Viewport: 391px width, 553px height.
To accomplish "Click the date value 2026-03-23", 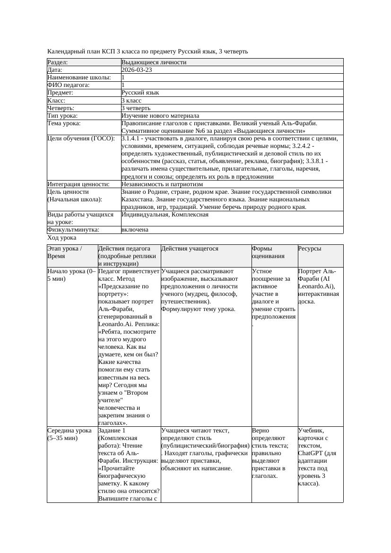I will (137, 70).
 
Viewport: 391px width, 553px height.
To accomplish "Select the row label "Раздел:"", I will (58, 62).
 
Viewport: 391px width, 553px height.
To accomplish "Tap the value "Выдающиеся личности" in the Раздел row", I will (154, 62).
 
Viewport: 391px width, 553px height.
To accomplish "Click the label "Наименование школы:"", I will (79, 78).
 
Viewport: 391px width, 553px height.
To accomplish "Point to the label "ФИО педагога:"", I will (69, 85).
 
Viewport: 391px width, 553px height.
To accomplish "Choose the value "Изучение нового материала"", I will (160, 116).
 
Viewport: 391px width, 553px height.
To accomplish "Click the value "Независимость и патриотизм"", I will (162, 184).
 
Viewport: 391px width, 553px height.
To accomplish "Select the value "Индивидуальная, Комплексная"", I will (165, 215).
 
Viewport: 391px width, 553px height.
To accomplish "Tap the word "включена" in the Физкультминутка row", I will (135, 230).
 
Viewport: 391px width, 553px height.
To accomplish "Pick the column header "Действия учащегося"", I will (190, 249).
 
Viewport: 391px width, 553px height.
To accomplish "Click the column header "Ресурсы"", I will (310, 249).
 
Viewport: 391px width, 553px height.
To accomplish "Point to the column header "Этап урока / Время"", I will (65, 252).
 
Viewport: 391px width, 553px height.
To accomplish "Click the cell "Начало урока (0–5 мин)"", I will (71, 275).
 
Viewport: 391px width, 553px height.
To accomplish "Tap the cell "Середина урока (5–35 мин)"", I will (70, 434).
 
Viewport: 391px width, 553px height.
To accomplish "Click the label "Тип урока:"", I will (62, 116).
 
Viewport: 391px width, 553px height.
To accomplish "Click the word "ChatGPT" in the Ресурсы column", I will (310, 453).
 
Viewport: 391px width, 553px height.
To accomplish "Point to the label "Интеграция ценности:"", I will (78, 184).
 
